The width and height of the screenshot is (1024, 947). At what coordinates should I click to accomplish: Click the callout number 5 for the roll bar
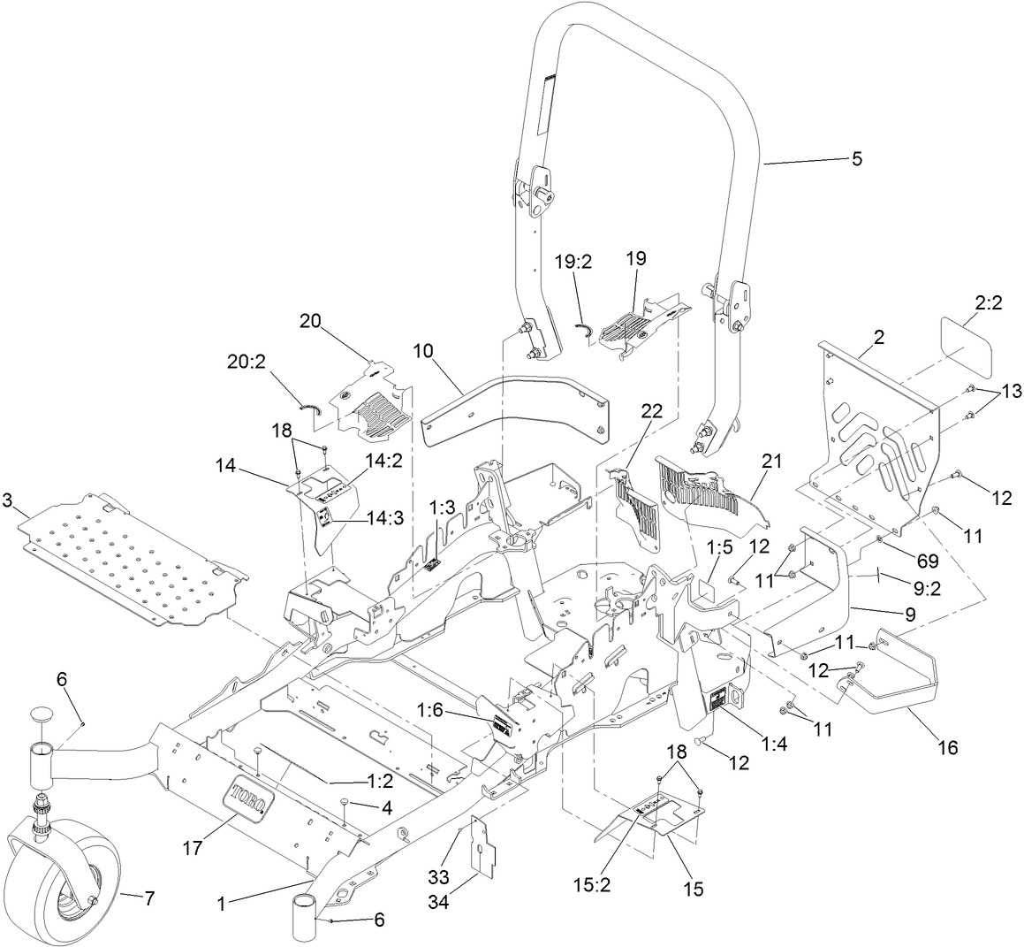(x=856, y=159)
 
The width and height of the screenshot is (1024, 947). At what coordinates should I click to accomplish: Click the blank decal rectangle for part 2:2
(x=965, y=350)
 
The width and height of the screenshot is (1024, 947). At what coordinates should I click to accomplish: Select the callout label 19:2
(x=573, y=261)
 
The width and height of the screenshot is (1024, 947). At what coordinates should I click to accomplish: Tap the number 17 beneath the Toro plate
(x=192, y=848)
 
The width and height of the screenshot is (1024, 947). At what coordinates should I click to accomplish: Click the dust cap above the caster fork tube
(x=41, y=714)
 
